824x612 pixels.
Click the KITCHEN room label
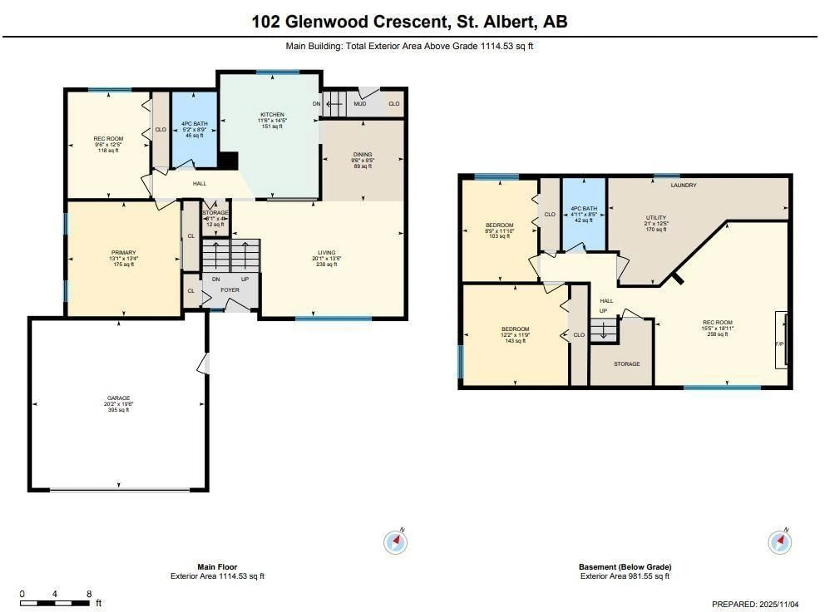click(272, 114)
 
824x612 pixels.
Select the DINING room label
click(362, 154)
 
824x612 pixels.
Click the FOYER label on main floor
click(230, 290)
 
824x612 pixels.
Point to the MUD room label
click(360, 104)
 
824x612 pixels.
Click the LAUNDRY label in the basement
click(683, 185)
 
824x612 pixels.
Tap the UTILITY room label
click(656, 217)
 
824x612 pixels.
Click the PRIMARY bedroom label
click(123, 252)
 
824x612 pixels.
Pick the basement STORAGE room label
click(627, 364)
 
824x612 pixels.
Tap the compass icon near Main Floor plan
click(395, 542)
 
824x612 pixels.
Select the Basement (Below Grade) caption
click(625, 567)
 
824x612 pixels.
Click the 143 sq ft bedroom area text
click(515, 341)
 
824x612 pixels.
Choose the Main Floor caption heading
click(217, 567)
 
